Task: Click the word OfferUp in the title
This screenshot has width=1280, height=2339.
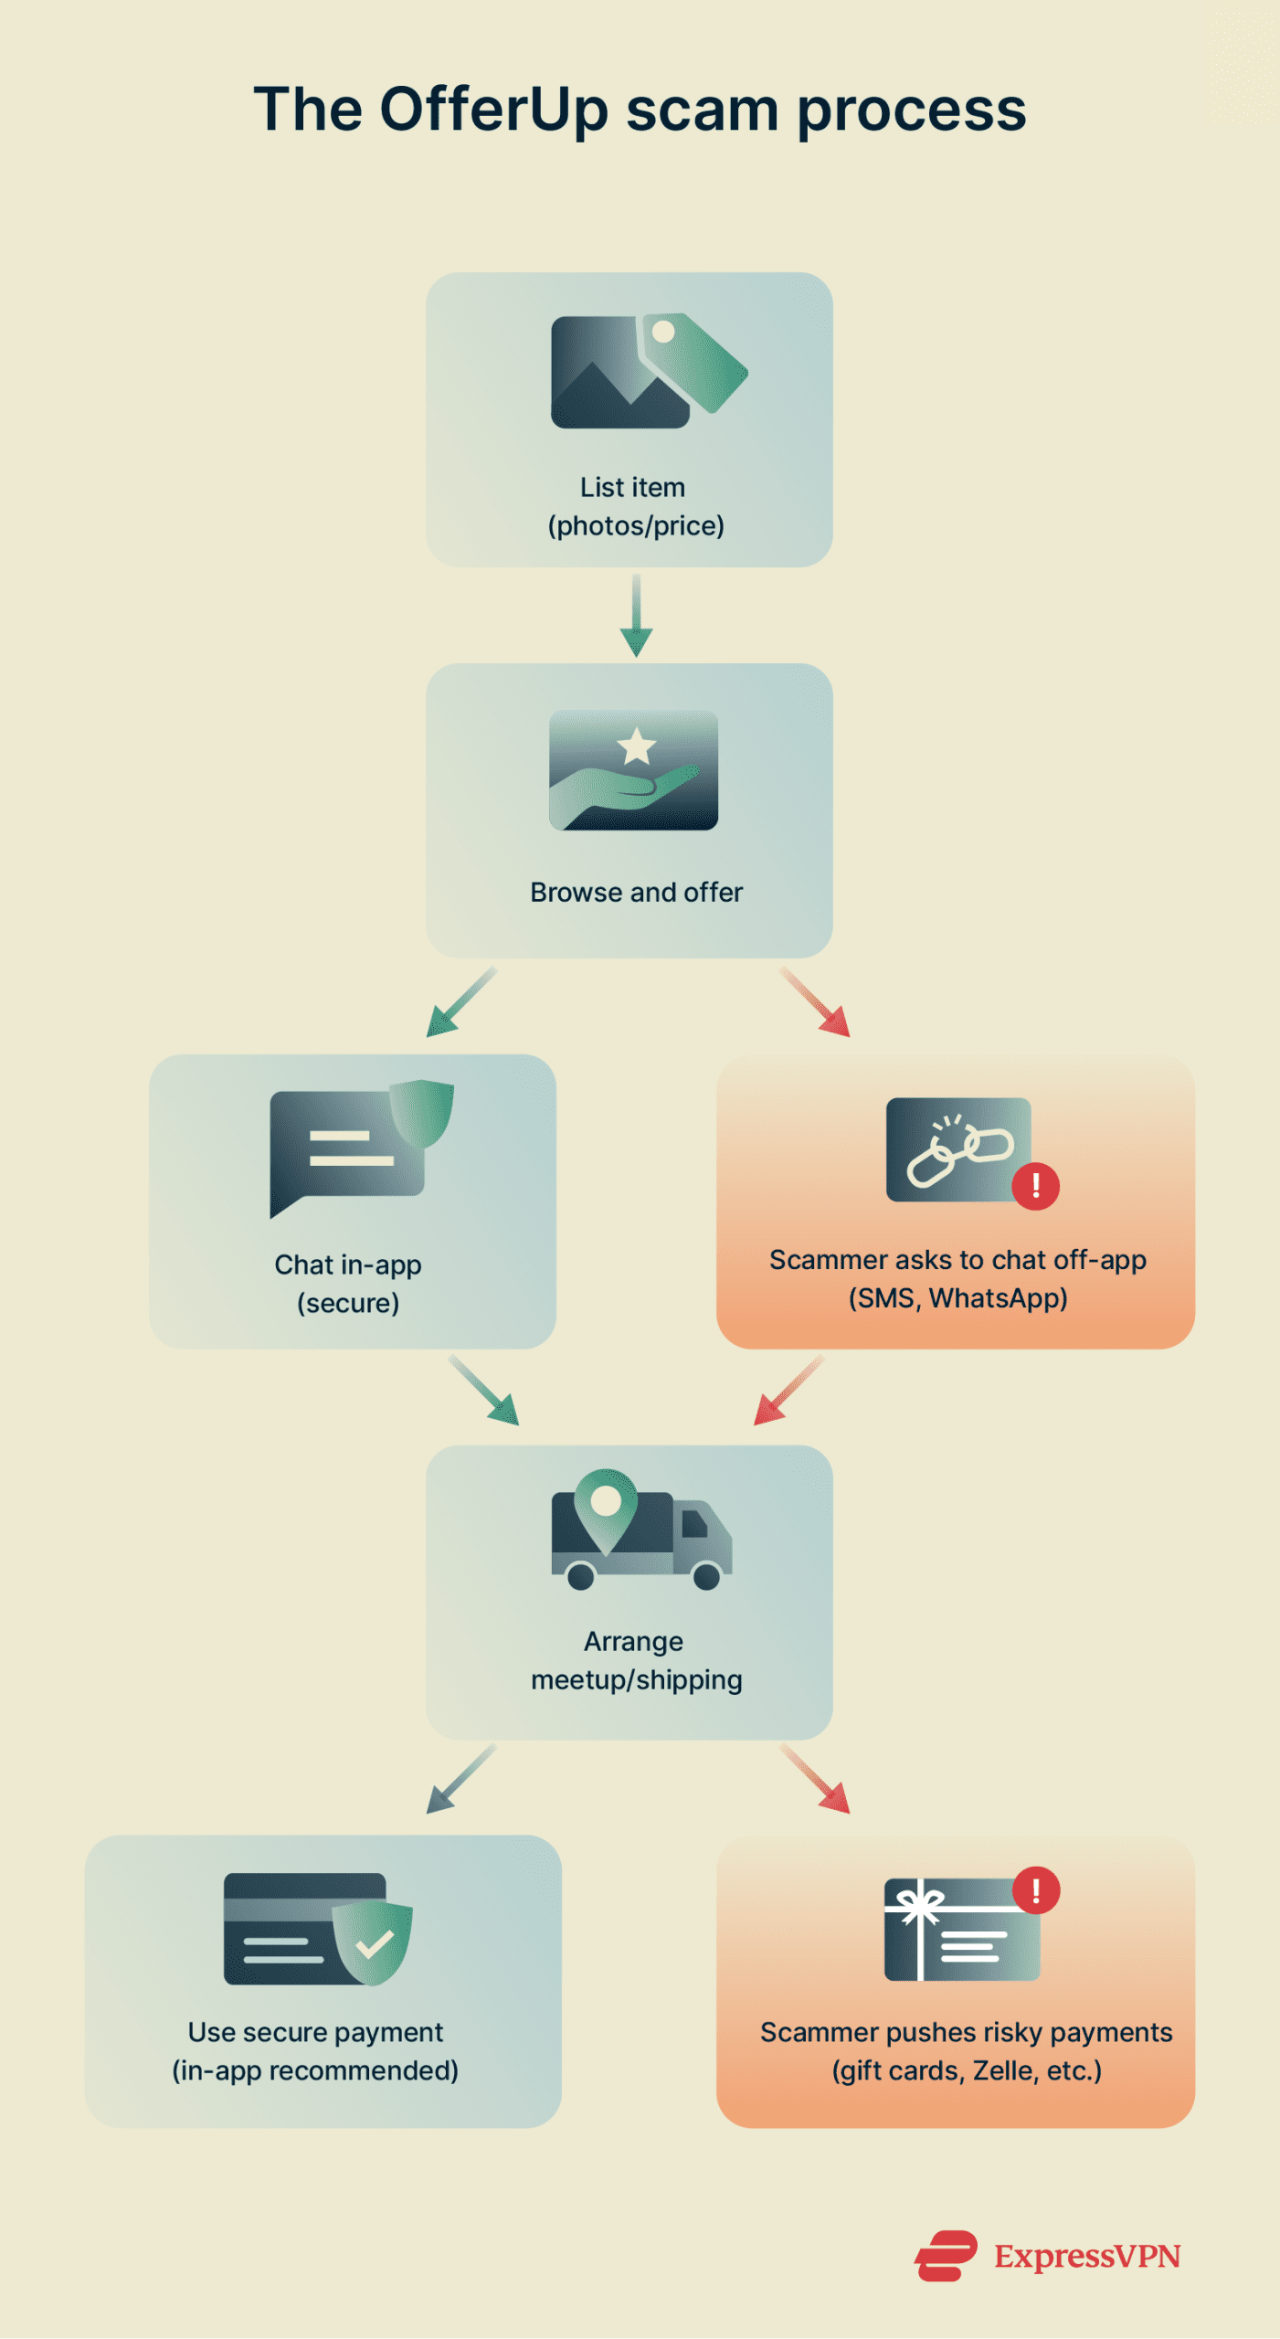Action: (x=493, y=110)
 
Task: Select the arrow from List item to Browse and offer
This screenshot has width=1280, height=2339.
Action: (x=636, y=616)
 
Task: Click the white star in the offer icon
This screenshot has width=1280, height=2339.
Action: (x=637, y=746)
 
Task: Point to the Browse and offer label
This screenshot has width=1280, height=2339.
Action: (x=636, y=892)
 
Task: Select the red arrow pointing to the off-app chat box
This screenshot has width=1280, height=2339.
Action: (x=816, y=1002)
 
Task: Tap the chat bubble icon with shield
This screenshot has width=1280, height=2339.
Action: (x=356, y=1147)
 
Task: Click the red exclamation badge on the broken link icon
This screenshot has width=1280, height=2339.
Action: (x=1035, y=1186)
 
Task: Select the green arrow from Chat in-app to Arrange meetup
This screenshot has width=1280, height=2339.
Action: (x=484, y=1391)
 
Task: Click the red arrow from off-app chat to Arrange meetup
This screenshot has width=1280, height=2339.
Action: (x=788, y=1391)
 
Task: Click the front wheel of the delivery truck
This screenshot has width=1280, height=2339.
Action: (x=706, y=1575)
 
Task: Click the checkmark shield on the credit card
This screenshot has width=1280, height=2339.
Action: (x=373, y=1943)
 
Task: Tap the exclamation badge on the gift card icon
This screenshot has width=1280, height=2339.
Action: (x=1036, y=1890)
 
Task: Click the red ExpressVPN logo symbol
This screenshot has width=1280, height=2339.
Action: (x=946, y=2256)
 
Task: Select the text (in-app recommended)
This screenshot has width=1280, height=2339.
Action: (x=315, y=2070)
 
